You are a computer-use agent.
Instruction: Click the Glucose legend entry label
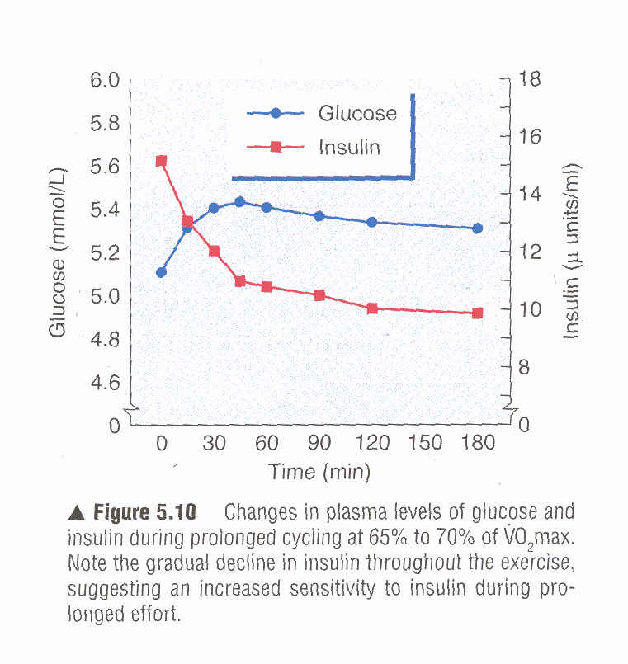(357, 114)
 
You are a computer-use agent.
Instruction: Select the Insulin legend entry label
(349, 148)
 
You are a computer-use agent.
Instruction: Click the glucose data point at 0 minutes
(161, 272)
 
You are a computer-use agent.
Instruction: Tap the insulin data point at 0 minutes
(161, 161)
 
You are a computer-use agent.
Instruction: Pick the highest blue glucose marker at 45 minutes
(239, 201)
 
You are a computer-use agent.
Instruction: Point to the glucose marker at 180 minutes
(477, 228)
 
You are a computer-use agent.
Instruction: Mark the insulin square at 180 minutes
(477, 313)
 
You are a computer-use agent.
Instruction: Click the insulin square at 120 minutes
(372, 308)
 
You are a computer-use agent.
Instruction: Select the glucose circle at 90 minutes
(319, 216)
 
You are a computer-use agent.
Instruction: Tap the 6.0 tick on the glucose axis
(106, 81)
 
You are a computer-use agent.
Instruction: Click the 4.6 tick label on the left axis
(106, 384)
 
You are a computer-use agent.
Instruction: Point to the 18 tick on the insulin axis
(530, 80)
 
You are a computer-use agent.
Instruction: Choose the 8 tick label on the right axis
(525, 368)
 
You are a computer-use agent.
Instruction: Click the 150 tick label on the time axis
(426, 444)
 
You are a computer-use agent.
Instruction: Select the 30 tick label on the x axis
(214, 444)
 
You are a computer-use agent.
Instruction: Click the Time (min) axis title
(319, 473)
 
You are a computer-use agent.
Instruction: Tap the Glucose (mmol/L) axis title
(58, 252)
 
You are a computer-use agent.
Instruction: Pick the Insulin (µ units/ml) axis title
(572, 252)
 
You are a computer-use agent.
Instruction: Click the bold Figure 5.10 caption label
(144, 512)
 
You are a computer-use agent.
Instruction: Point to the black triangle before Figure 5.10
(78, 513)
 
